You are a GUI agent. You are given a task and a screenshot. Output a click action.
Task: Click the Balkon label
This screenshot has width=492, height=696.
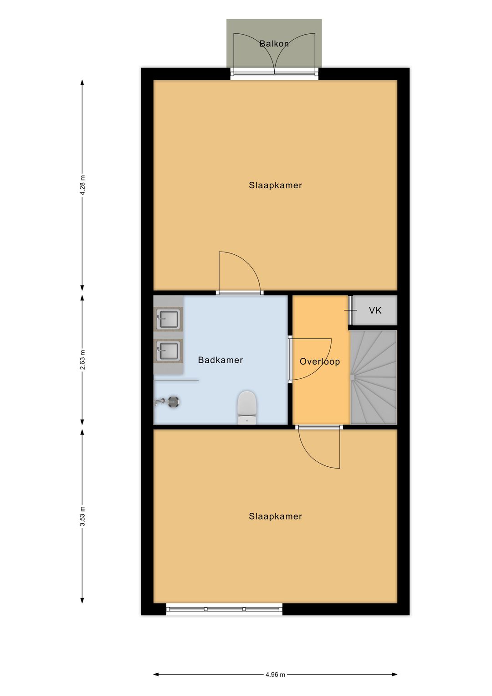coord(274,43)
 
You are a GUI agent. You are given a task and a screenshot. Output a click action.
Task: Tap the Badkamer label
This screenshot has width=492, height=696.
coord(220,360)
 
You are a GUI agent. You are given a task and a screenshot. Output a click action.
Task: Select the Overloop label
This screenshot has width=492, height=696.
coord(320,361)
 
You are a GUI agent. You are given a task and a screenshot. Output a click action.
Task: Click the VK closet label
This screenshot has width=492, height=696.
coord(375,310)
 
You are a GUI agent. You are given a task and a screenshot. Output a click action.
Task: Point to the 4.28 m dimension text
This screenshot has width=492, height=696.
coord(82,185)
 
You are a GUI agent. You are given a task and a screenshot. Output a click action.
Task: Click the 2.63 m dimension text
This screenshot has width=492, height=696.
coord(82,360)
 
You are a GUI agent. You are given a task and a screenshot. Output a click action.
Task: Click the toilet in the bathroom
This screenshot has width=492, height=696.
coord(247,407)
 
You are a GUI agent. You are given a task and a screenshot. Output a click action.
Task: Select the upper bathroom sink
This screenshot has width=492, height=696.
coord(169,319)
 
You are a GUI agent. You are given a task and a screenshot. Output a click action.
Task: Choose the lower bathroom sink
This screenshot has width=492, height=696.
coord(169,351)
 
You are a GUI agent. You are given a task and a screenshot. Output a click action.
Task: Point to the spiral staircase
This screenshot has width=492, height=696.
coord(374,377)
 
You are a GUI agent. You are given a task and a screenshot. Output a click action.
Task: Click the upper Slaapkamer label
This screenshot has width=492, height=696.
coord(275,185)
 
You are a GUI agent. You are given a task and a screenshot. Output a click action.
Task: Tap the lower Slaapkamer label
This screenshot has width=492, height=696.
coord(275,516)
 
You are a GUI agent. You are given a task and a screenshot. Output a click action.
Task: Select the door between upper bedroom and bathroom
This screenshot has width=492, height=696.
coord(240,272)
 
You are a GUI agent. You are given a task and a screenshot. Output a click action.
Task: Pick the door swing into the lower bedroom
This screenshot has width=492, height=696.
coord(319,448)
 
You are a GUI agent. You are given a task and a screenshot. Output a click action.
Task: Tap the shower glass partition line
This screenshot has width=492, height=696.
coord(176,380)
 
